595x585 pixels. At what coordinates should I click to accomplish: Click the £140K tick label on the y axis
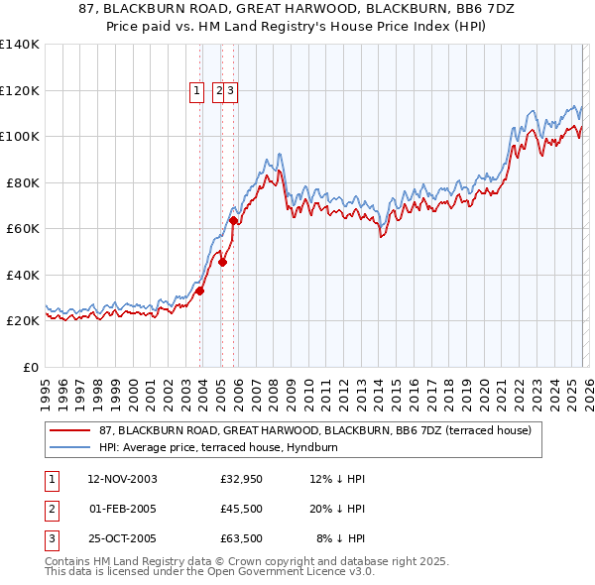pyautogui.click(x=19, y=45)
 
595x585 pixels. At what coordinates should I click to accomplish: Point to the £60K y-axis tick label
pyautogui.click(x=22, y=228)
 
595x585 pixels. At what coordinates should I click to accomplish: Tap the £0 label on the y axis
pyautogui.click(x=31, y=367)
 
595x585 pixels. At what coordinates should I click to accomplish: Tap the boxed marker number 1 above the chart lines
pyautogui.click(x=196, y=91)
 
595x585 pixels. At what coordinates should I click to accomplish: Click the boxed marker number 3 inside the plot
pyautogui.click(x=230, y=91)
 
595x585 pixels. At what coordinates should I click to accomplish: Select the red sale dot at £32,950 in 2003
pyautogui.click(x=200, y=291)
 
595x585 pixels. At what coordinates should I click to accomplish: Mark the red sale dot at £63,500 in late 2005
pyautogui.click(x=234, y=220)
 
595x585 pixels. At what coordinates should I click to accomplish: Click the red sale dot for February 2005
pyautogui.click(x=222, y=262)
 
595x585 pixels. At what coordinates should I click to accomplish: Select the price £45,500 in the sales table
pyautogui.click(x=241, y=509)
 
